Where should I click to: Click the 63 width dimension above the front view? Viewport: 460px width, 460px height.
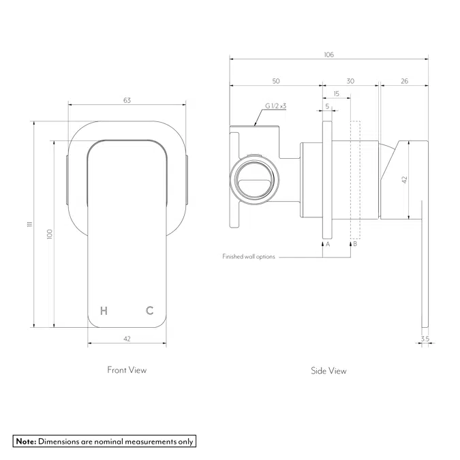(x=127, y=100)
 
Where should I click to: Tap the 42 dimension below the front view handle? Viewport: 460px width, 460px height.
(x=127, y=338)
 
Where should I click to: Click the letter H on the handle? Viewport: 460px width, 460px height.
(x=104, y=311)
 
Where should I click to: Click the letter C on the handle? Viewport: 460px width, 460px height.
(x=149, y=311)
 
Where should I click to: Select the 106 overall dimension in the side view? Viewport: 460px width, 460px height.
(x=329, y=55)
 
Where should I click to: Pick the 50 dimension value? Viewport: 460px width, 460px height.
(x=276, y=81)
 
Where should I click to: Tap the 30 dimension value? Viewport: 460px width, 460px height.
(x=350, y=81)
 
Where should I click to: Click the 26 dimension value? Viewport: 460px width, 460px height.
(x=404, y=81)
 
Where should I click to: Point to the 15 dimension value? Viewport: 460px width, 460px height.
(x=336, y=93)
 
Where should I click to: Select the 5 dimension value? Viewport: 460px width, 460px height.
(x=327, y=106)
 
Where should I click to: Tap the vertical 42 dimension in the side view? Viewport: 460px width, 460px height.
(x=404, y=180)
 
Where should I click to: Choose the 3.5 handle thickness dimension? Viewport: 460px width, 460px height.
(x=425, y=338)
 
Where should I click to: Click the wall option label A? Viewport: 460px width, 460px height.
(x=328, y=243)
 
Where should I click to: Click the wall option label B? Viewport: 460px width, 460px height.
(x=354, y=243)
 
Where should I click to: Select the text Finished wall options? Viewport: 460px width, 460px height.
(x=248, y=257)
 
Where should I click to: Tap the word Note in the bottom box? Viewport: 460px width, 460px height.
(x=25, y=441)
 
